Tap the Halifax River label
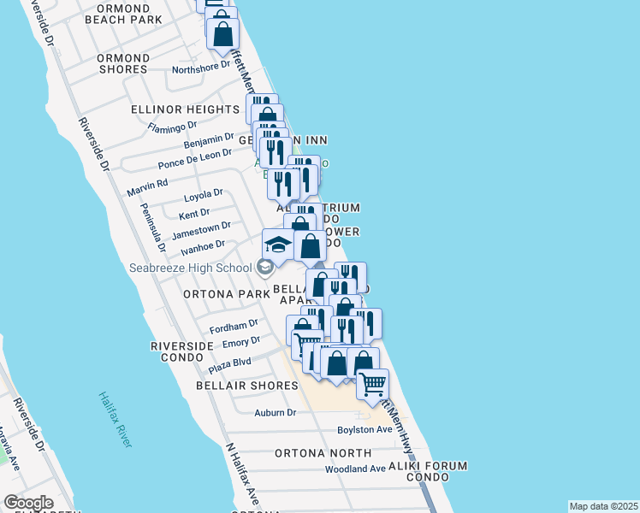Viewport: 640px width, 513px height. pyautogui.click(x=114, y=418)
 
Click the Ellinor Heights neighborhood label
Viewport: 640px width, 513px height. pyautogui.click(x=185, y=109)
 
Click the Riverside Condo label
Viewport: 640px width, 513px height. pyautogui.click(x=181, y=351)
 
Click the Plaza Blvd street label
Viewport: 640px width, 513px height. pyautogui.click(x=229, y=366)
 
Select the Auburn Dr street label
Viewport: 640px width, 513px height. pyautogui.click(x=275, y=412)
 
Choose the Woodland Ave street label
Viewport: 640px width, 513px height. pyautogui.click(x=355, y=469)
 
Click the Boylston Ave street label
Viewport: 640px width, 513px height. pyautogui.click(x=364, y=429)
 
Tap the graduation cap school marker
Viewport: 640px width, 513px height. pyautogui.click(x=278, y=245)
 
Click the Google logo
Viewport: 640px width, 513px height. pyautogui.click(x=28, y=503)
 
